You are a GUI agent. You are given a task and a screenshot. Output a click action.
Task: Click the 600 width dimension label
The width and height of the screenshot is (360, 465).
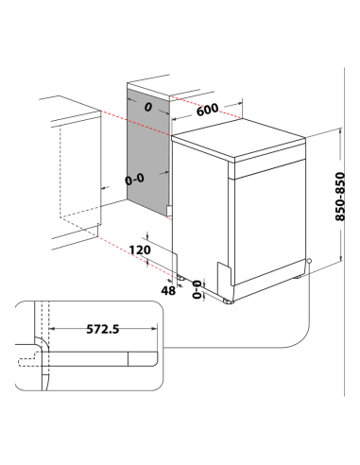207,110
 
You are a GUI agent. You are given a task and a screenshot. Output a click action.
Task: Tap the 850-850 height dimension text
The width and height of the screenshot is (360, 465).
340,197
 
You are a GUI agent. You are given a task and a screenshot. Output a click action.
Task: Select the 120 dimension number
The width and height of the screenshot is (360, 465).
140,250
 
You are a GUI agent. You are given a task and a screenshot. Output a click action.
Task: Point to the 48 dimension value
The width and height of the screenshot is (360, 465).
168,290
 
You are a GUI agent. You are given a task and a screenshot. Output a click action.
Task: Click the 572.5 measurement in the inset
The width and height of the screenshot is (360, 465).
103,329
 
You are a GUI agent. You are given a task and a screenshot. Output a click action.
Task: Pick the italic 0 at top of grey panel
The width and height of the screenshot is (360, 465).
148,107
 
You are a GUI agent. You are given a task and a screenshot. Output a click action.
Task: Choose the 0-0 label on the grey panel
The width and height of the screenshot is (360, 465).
134,180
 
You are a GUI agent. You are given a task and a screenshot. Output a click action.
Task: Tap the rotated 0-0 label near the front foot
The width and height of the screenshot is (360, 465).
197,289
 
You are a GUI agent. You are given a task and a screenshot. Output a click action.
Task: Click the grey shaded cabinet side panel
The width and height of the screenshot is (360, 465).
147,151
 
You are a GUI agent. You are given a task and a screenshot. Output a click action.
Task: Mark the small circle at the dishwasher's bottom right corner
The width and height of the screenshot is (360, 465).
309,261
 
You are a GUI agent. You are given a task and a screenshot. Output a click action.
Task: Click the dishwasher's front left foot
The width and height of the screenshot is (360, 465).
228,301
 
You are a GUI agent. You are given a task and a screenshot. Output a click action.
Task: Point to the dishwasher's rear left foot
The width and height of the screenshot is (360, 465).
180,278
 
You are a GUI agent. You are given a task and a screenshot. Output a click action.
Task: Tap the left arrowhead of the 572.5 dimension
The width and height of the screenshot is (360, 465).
53,329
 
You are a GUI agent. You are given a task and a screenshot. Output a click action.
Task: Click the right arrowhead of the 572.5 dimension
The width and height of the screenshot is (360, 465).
154,329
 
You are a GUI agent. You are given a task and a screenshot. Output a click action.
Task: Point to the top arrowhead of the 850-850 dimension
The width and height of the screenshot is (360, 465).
340,130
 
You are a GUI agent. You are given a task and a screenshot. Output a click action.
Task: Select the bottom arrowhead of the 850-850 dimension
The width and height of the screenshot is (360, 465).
340,258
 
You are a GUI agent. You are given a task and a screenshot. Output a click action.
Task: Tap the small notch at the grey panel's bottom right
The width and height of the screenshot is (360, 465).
169,211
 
